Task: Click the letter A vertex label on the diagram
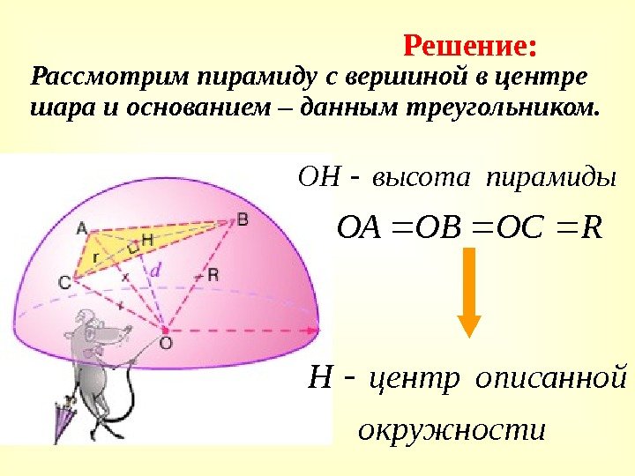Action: coord(81,227)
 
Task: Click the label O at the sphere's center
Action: coord(166,341)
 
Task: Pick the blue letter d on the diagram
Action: coord(156,271)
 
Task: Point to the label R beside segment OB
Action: coord(213,275)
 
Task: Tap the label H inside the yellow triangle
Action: coord(146,239)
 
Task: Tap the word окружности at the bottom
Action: coord(450,430)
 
